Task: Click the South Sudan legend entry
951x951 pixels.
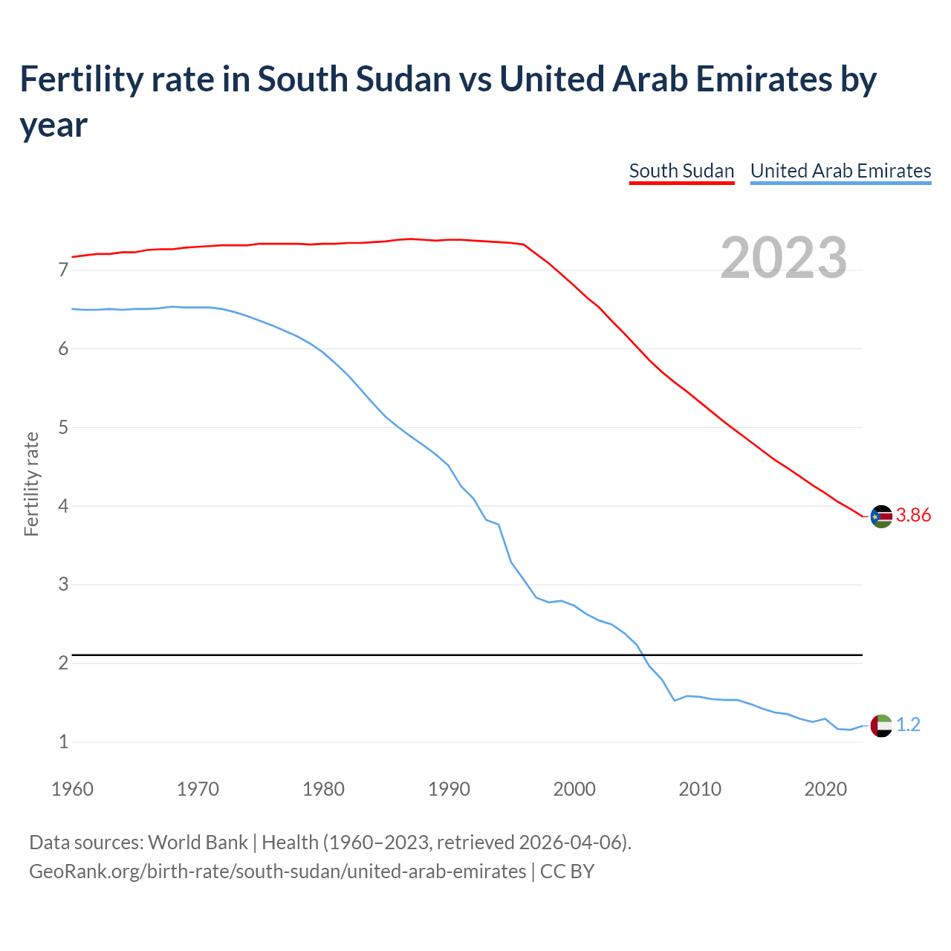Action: coord(681,171)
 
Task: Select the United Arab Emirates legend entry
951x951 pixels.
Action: coord(840,171)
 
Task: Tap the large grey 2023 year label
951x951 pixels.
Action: coord(784,258)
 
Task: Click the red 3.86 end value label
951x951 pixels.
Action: coord(913,515)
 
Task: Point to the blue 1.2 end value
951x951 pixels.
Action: coord(908,724)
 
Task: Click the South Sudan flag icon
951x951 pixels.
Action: coord(881,516)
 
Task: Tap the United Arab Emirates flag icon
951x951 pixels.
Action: coord(881,725)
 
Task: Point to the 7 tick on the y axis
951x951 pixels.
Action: coord(63,270)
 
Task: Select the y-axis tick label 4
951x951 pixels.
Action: coord(63,506)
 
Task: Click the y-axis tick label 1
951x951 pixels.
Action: coord(63,741)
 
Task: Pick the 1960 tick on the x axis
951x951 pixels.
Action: coord(72,789)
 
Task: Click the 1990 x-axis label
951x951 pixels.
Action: coord(449,789)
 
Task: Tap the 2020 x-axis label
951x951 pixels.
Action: coord(825,789)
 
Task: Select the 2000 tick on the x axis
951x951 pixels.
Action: coord(574,789)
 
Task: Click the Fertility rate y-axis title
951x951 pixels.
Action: coord(31,484)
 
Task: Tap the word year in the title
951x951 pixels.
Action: coord(53,125)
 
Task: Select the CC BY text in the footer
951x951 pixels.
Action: coord(567,871)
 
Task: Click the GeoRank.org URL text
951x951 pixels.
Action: coord(277,871)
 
